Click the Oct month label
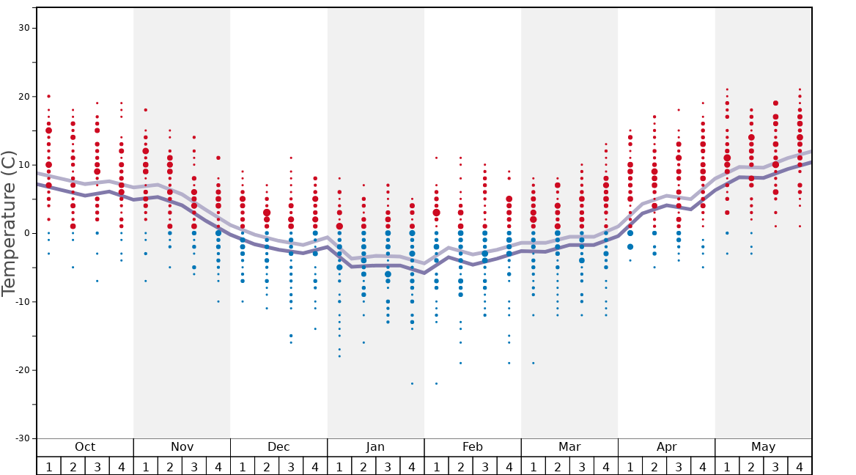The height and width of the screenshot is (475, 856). (85, 447)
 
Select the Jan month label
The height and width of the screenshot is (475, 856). (375, 447)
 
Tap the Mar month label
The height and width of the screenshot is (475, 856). (569, 447)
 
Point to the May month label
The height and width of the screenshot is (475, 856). (763, 447)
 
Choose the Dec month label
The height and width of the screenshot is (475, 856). (278, 447)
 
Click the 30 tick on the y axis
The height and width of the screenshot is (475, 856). (23, 28)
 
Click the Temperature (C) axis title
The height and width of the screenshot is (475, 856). (9, 223)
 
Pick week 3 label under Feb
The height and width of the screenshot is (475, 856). (484, 466)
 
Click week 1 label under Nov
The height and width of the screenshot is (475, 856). (145, 466)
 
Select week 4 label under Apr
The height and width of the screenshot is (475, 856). (702, 466)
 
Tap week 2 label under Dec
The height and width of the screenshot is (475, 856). (267, 466)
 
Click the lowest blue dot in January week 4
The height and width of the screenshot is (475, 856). (412, 383)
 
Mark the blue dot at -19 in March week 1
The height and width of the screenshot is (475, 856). (533, 363)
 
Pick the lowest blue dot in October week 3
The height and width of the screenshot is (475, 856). (97, 281)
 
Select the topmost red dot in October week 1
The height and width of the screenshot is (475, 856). (48, 96)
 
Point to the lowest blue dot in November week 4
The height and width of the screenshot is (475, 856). (218, 301)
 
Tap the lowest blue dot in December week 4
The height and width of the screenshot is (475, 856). (315, 328)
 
